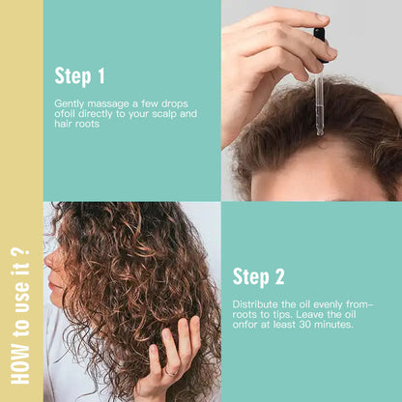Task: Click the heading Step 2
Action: point(259,277)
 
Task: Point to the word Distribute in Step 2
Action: point(253,303)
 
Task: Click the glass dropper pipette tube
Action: point(319,106)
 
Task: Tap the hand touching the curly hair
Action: point(174,358)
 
